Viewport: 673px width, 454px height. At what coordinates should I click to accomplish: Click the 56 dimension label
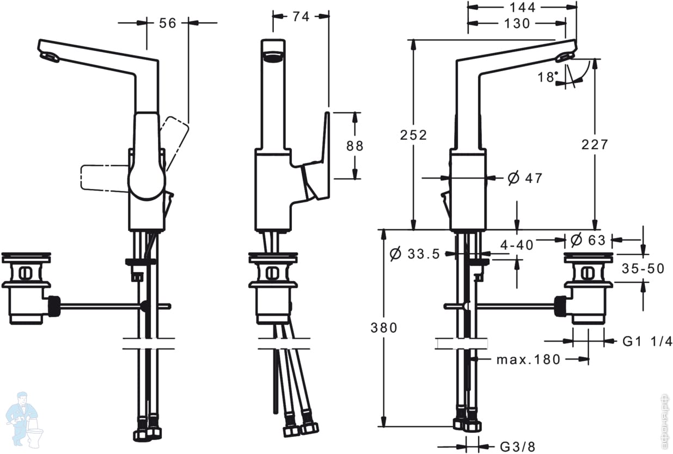click(x=167, y=23)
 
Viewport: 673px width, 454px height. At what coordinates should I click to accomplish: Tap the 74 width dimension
click(x=301, y=16)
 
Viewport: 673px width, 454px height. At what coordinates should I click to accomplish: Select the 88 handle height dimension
click(x=355, y=146)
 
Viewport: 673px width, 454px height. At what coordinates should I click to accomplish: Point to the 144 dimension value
click(x=523, y=8)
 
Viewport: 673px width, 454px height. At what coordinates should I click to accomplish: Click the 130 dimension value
click(x=517, y=23)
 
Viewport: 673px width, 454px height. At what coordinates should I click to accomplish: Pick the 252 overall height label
click(x=413, y=135)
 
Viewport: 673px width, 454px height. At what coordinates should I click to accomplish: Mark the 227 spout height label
click(x=595, y=144)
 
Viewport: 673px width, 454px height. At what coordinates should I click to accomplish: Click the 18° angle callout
click(x=548, y=77)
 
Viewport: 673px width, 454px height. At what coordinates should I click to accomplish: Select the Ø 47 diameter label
click(x=525, y=178)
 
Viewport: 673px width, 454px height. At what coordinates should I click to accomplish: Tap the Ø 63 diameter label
click(x=588, y=240)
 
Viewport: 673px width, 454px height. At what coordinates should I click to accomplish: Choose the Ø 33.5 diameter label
click(x=414, y=254)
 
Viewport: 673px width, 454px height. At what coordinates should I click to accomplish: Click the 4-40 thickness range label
click(x=517, y=245)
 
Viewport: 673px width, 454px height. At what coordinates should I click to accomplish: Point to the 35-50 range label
click(x=643, y=268)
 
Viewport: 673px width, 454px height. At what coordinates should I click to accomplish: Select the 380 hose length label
click(x=384, y=328)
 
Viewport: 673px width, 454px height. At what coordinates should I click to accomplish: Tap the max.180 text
click(x=529, y=359)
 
